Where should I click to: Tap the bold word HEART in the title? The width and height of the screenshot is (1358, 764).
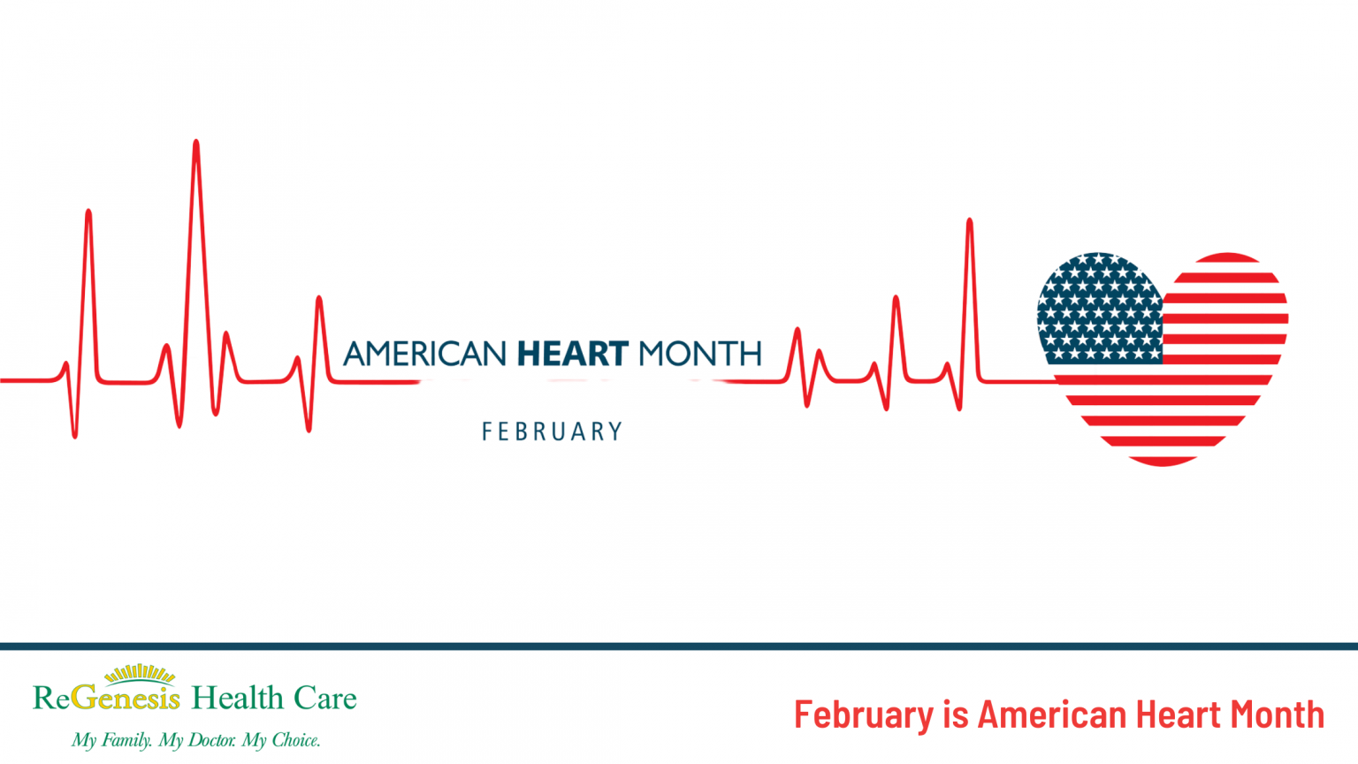click(x=573, y=354)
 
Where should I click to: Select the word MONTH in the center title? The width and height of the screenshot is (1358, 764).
click(x=699, y=354)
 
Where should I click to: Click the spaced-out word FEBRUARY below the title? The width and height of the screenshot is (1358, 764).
click(x=553, y=432)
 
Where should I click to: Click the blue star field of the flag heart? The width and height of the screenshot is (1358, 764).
click(x=1099, y=309)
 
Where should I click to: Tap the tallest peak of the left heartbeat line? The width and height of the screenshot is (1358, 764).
click(x=196, y=144)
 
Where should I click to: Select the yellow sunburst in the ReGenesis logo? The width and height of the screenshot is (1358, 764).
click(x=140, y=675)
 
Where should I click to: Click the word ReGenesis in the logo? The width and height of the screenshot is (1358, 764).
click(x=107, y=699)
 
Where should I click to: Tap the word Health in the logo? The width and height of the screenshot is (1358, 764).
click(x=238, y=698)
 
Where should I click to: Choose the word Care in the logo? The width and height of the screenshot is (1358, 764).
click(x=325, y=699)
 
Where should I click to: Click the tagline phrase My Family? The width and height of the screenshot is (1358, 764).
click(x=111, y=740)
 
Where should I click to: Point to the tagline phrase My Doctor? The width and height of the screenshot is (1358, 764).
click(x=197, y=740)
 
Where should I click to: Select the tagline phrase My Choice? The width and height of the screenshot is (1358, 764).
click(x=281, y=740)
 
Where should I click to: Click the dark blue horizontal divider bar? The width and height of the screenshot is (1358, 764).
click(x=679, y=646)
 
